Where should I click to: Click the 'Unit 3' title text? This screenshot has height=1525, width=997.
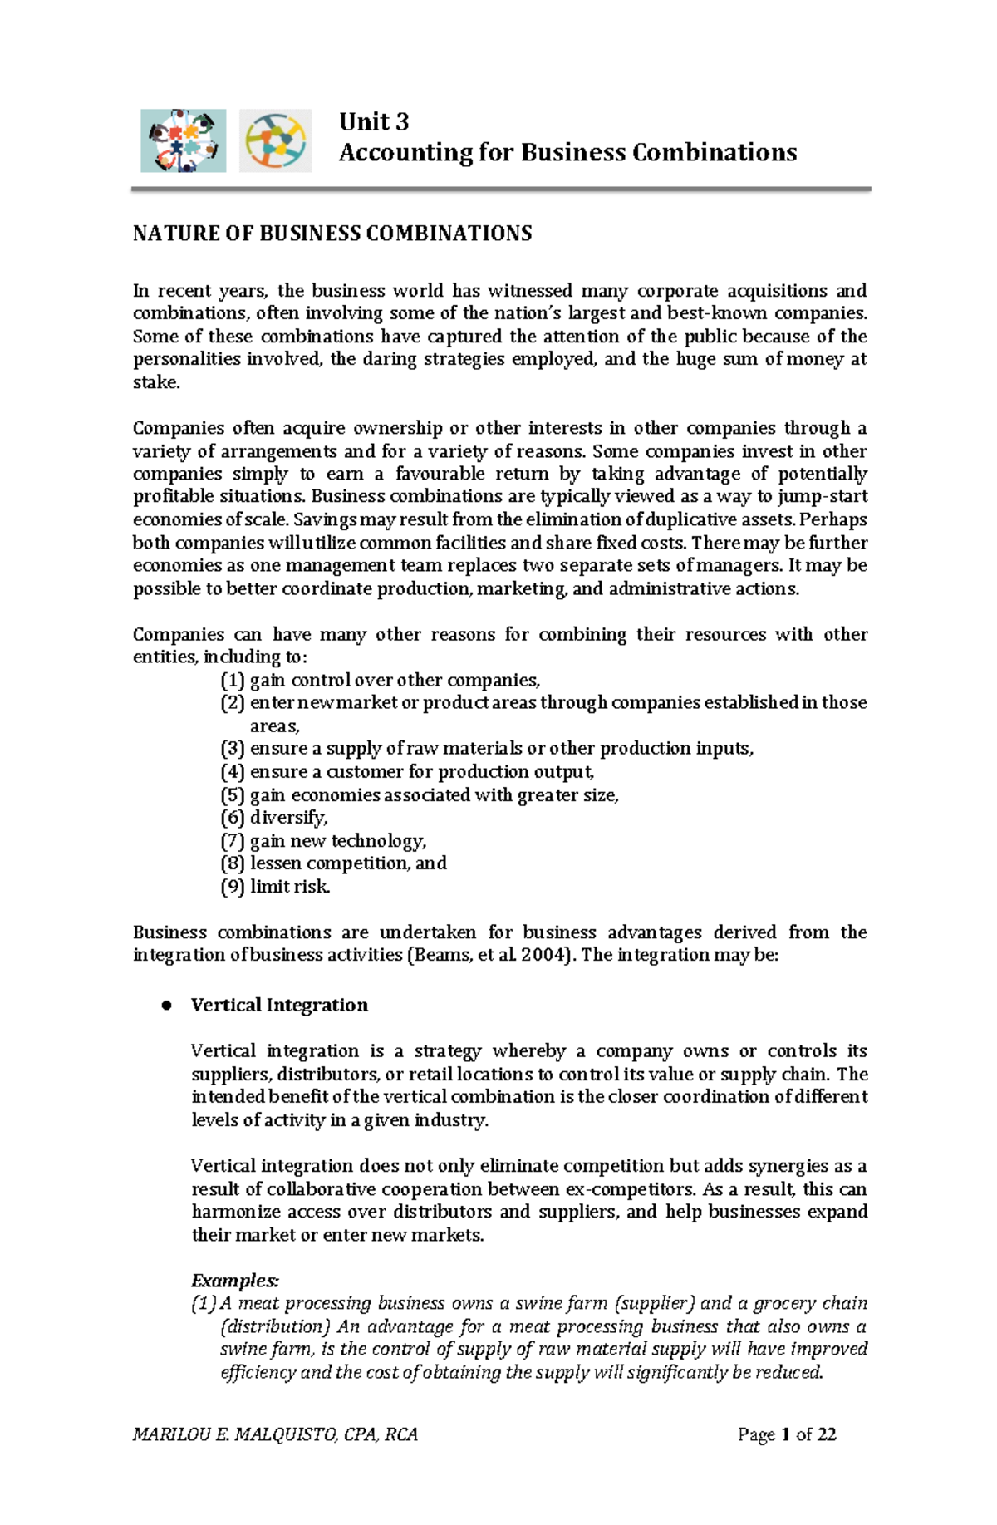[374, 122]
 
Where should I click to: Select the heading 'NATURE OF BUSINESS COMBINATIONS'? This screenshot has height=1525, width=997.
[332, 234]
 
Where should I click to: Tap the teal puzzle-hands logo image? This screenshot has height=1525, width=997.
[183, 140]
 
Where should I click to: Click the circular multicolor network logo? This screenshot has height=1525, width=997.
[275, 140]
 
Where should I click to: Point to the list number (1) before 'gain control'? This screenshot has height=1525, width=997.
[233, 681]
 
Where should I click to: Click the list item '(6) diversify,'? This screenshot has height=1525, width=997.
[274, 818]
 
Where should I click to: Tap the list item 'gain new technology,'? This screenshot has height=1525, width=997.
[338, 841]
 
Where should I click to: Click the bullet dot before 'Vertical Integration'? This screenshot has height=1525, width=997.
[166, 1006]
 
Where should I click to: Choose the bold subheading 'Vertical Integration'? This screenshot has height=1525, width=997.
[279, 1006]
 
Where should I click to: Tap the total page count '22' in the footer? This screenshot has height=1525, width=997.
[827, 1434]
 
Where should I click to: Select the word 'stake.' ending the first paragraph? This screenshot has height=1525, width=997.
[156, 382]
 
